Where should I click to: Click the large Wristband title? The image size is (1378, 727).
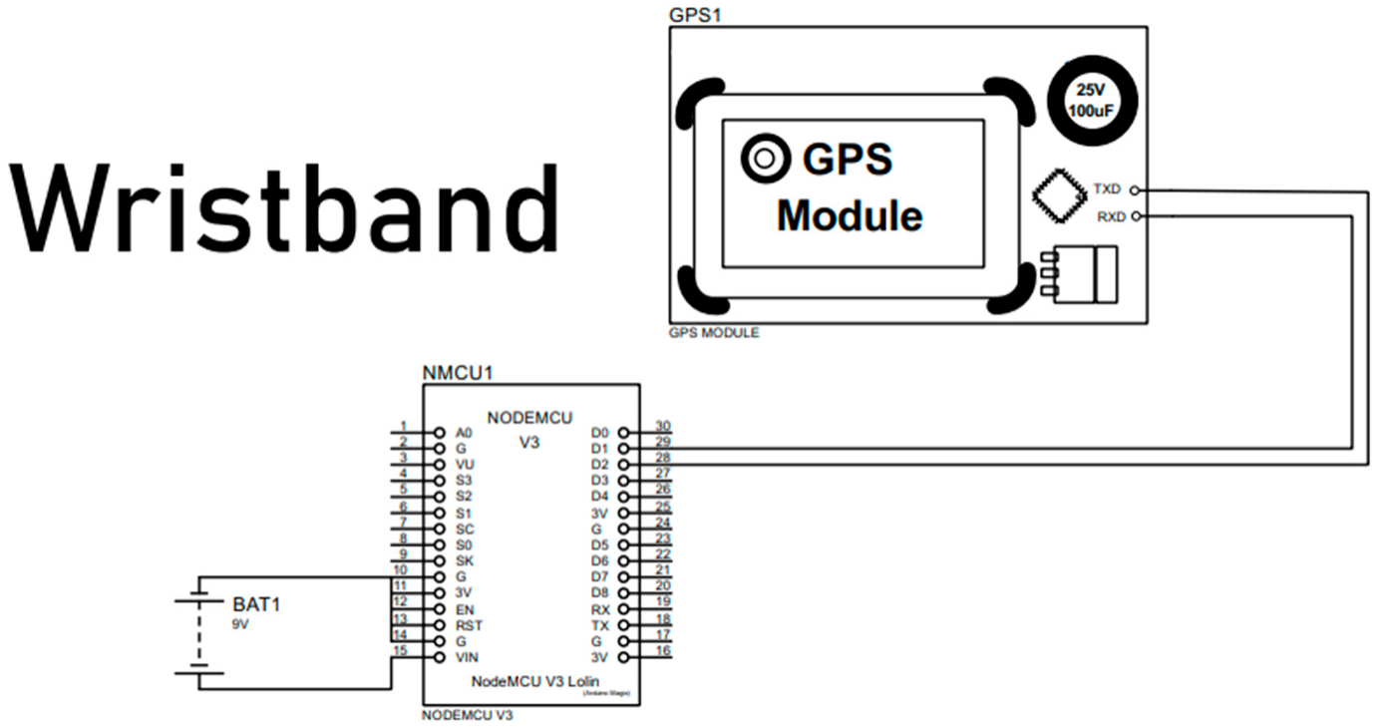coord(285,209)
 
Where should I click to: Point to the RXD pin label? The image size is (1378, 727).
coord(1109,215)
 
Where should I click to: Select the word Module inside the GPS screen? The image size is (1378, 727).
coord(850,215)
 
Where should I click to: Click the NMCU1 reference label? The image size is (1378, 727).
coord(458,374)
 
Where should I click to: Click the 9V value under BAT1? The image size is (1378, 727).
coord(241,623)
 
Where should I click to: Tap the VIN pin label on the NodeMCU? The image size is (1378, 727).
coord(466,657)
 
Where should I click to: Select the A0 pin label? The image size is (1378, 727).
coord(463,434)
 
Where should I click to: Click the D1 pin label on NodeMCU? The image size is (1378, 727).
coord(598,449)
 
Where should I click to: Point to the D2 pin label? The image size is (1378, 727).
coord(598,465)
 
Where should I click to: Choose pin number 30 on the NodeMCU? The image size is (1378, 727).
coord(661,426)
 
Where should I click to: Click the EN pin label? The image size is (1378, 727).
coord(464,608)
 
